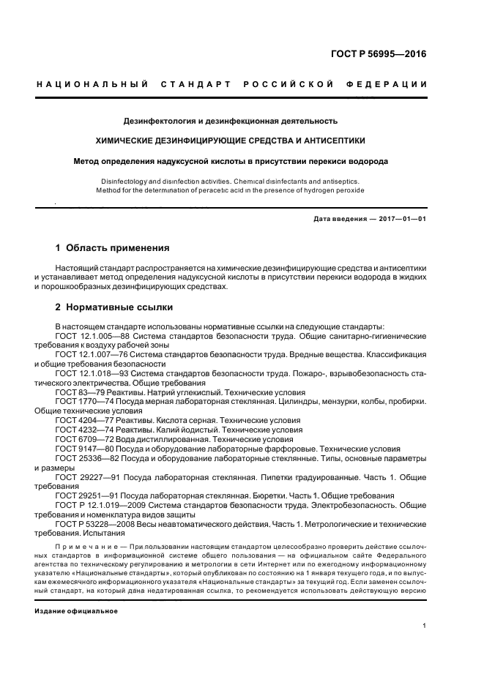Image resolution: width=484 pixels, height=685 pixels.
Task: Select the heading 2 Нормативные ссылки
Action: [x=113, y=307]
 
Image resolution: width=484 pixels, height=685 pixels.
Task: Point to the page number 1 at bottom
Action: [x=425, y=626]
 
